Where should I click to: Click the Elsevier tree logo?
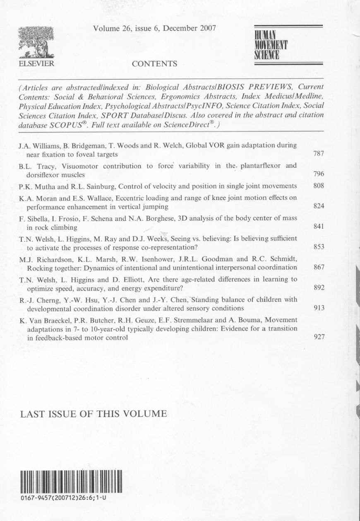pos(37,42)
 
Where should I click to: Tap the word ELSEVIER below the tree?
pos(37,64)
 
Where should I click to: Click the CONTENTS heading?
pos(154,64)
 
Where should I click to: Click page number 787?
pos(318,154)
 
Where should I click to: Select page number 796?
pos(318,174)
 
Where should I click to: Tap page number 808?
pos(318,186)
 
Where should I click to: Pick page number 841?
pos(318,227)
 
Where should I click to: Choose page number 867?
pos(318,267)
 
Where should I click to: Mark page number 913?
pos(318,308)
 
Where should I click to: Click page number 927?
pos(318,337)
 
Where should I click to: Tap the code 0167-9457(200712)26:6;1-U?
pos(63,498)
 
